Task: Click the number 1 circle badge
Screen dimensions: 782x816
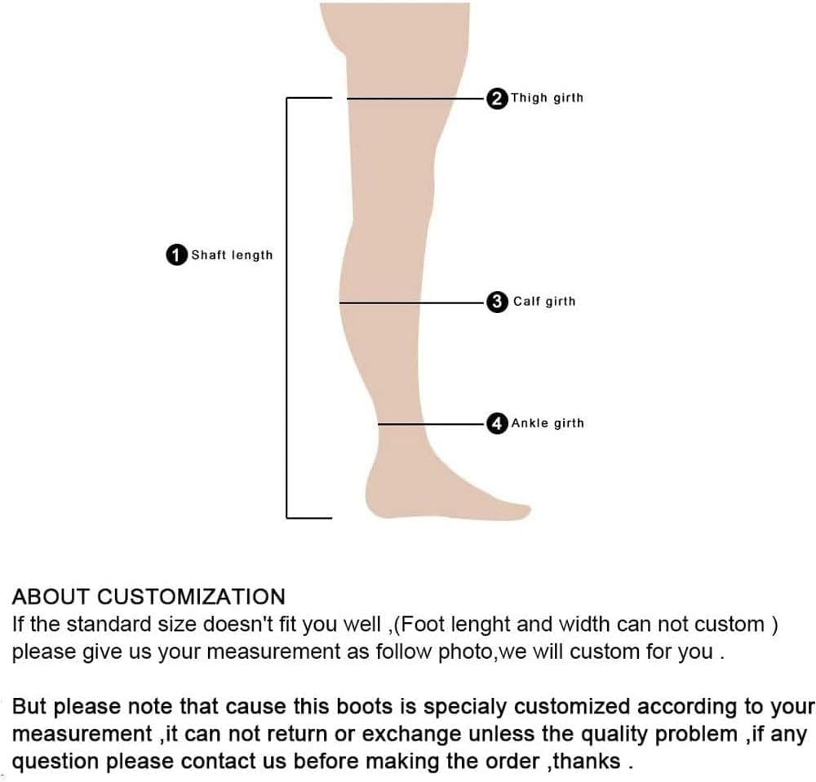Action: (176, 255)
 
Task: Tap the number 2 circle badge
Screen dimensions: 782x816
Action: (496, 98)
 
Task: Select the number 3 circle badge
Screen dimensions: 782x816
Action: (496, 302)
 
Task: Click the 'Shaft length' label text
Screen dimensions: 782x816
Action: (232, 255)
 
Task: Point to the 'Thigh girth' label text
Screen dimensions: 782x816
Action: (547, 98)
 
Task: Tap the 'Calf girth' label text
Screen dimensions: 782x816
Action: (544, 302)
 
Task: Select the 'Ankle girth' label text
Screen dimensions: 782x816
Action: (548, 423)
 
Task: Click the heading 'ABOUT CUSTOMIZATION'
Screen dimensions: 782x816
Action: (149, 596)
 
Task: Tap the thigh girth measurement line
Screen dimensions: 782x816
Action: (416, 98)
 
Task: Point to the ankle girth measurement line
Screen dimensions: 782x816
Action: (432, 423)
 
